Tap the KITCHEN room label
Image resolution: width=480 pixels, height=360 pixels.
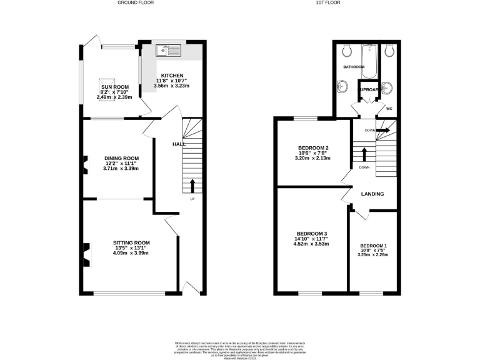point(172,76)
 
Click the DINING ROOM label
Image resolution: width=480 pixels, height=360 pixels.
point(121,158)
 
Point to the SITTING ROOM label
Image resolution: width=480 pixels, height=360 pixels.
point(131,242)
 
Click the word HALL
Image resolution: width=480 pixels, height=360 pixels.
point(179,144)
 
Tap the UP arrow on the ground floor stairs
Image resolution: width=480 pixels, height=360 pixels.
point(192,185)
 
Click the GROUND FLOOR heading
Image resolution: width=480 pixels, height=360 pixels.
point(136,3)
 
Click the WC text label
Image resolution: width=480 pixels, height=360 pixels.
point(389,108)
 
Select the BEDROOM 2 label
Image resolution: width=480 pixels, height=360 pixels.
point(313,148)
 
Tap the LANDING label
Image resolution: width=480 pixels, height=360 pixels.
point(372,194)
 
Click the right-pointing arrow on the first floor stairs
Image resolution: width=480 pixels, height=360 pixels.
point(382,130)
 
